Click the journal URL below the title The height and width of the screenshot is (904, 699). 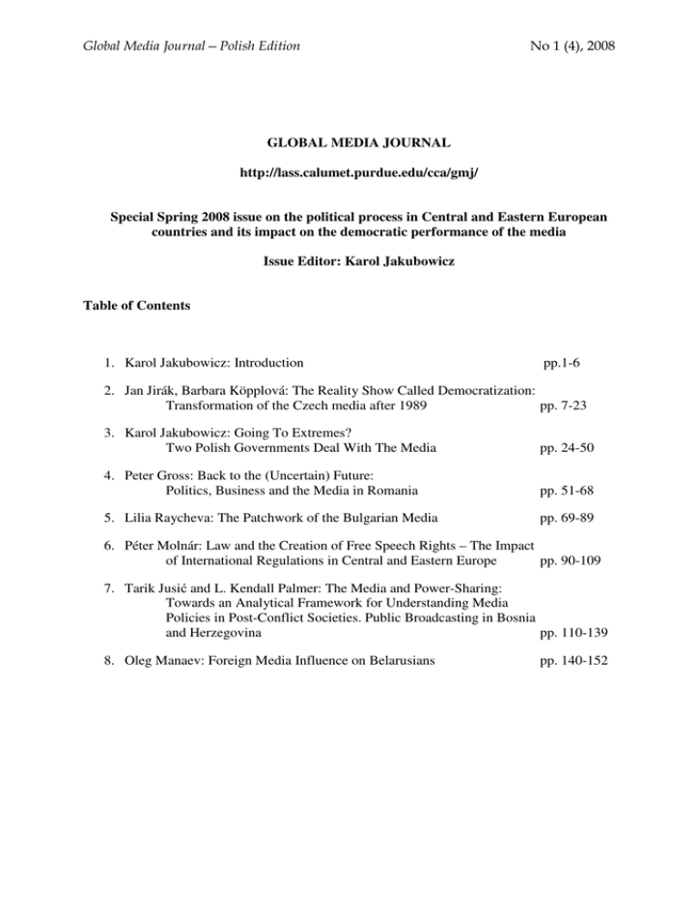349,197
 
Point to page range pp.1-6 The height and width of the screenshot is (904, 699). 568,363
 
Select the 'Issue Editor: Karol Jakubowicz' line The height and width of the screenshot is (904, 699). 349,269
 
